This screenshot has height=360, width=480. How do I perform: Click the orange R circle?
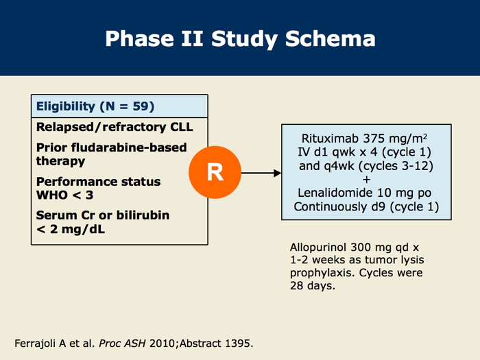click(x=215, y=172)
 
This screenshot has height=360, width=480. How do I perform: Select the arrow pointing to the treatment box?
click(x=261, y=173)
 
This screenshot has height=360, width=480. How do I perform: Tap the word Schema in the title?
click(x=331, y=38)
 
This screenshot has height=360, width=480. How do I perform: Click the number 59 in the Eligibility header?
click(x=141, y=106)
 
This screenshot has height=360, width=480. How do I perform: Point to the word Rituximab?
click(x=330, y=139)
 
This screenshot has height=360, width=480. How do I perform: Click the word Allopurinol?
click(x=318, y=247)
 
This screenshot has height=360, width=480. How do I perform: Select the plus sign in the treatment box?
click(x=366, y=180)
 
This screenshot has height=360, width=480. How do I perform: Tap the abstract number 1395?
click(x=237, y=344)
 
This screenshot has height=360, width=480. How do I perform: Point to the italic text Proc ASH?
click(x=122, y=344)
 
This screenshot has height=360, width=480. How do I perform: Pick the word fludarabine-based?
click(x=129, y=147)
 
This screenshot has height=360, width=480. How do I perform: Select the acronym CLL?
click(x=182, y=127)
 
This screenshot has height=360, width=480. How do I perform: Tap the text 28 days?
click(x=312, y=286)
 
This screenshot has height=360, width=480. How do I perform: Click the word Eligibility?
click(x=66, y=106)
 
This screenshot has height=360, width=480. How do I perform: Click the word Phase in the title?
click(x=140, y=38)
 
